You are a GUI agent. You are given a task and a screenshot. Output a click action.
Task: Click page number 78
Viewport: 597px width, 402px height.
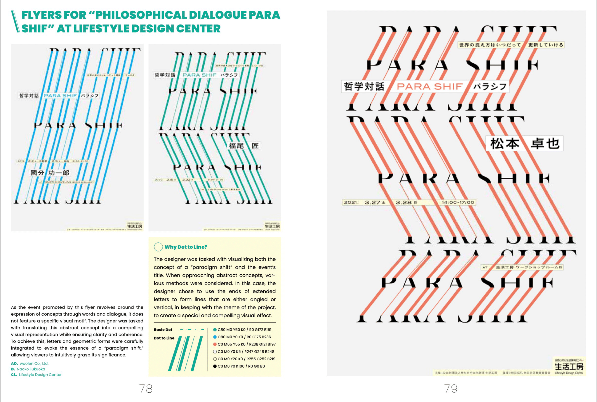coord(146,389)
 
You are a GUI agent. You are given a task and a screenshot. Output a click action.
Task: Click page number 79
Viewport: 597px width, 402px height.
coord(451,389)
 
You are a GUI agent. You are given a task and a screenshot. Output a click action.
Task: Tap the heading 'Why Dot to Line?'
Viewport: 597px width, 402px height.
coord(186,247)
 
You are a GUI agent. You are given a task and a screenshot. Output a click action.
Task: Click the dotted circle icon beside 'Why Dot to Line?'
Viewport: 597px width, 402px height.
coord(158,247)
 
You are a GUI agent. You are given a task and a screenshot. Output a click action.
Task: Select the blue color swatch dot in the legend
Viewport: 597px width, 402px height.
coord(215,337)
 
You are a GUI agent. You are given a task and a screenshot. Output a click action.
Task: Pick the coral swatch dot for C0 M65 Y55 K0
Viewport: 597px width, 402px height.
coord(215,344)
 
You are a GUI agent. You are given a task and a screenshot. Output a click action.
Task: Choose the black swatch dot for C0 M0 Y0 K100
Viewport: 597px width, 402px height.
coord(215,366)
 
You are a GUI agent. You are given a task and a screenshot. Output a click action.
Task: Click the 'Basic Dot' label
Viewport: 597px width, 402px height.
coord(163,330)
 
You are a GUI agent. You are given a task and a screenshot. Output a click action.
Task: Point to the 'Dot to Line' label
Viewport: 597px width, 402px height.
coord(164,338)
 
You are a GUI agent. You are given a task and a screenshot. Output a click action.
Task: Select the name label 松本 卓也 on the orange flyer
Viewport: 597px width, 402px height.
coord(524,143)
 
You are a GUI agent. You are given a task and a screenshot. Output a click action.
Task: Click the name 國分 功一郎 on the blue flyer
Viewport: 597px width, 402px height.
coord(50,173)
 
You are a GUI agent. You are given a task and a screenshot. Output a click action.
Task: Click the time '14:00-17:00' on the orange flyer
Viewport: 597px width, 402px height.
coord(458,202)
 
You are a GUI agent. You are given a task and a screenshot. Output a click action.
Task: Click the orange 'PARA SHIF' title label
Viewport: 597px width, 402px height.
coord(429,87)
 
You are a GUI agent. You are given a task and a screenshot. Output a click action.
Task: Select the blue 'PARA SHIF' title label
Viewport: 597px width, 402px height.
coord(60,96)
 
